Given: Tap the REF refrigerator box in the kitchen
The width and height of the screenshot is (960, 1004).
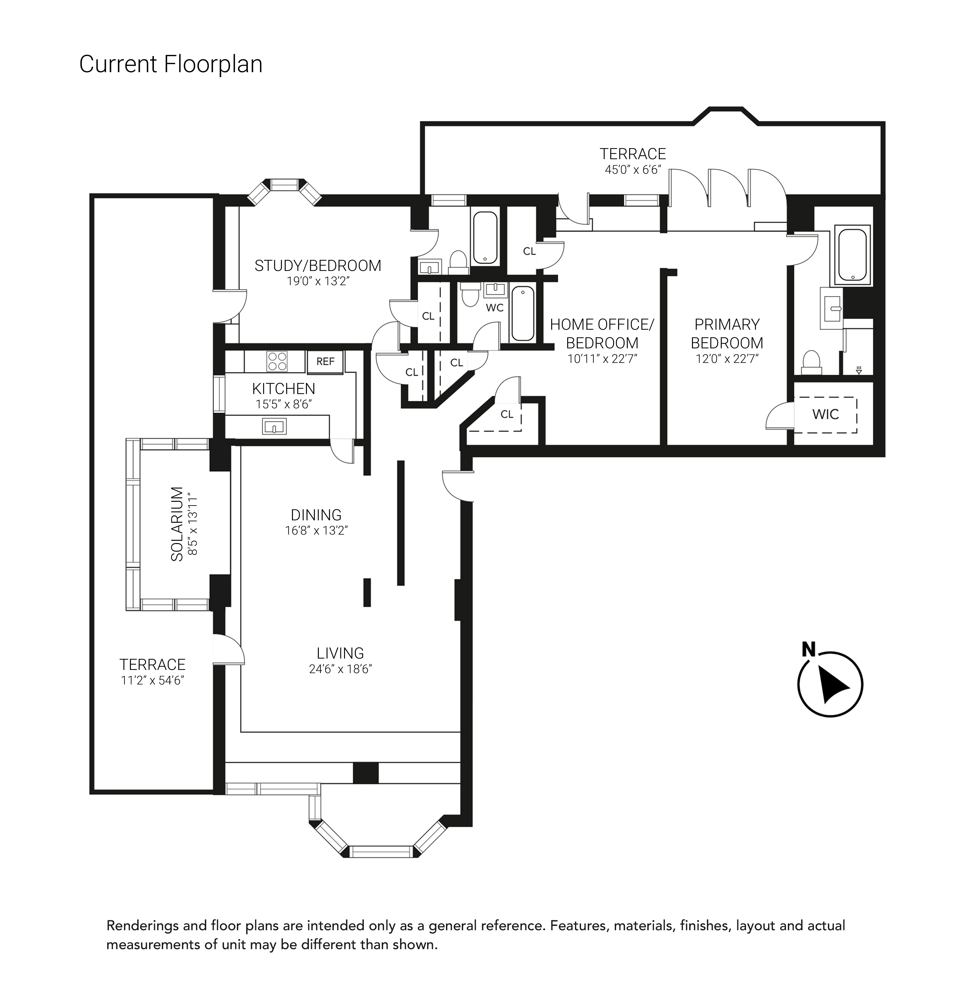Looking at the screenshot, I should coord(326,361).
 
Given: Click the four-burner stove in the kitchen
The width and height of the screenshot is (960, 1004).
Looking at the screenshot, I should coord(277,361).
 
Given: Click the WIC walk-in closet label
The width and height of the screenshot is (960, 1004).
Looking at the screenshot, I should coord(825,414).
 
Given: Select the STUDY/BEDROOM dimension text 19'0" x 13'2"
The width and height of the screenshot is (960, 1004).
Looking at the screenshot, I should coord(318,281).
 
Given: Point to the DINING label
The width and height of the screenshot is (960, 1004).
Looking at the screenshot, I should coord(316,515).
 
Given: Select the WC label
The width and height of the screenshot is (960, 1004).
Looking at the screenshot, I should coord(494,308).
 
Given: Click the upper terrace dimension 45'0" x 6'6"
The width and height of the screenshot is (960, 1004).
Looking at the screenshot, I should coord(633,169).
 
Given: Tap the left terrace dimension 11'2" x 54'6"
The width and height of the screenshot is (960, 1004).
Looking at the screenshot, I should coord(152,680).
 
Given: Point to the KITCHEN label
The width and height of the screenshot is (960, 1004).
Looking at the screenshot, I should coord(284,389).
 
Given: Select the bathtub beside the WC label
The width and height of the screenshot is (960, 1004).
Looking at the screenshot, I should coord(522,314).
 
